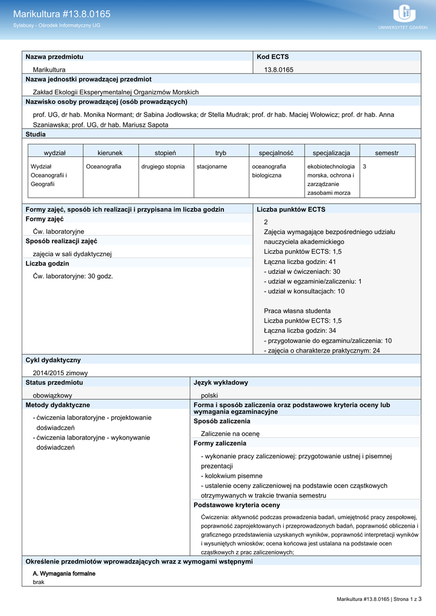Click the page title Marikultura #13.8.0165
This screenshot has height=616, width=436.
[x=61, y=14]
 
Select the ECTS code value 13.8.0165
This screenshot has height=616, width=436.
[x=279, y=70]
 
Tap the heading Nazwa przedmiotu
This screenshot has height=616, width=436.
[x=54, y=57]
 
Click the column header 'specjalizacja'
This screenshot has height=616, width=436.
[x=331, y=153]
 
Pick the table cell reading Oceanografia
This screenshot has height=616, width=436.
[x=104, y=166]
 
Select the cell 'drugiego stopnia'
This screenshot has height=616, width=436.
[x=163, y=166]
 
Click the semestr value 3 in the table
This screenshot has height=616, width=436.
[x=365, y=166]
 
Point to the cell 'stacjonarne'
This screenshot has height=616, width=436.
[x=211, y=166]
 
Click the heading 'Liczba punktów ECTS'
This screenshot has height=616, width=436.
[x=291, y=209]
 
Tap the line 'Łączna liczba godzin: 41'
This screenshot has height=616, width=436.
[x=299, y=262]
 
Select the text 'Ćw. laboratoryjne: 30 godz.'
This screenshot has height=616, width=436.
[x=73, y=276]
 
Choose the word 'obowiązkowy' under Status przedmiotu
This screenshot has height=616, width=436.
[x=52, y=395]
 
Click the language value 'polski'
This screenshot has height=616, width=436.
[x=209, y=395]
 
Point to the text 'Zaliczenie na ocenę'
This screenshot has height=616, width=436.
[x=230, y=433]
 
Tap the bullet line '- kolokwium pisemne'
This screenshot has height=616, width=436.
[x=231, y=476]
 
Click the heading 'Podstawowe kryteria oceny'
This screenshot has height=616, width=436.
[x=237, y=505]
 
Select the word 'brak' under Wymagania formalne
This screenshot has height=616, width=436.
[x=39, y=583]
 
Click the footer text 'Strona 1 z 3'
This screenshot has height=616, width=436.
[x=403, y=599]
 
